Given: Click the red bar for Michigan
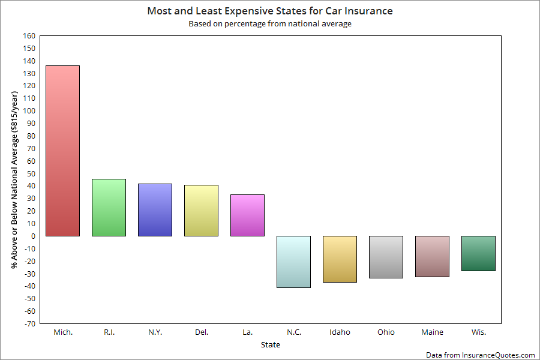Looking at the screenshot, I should point(62,151).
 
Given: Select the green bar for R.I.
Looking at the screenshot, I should point(109,208).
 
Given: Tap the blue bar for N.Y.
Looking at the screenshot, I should point(155,210).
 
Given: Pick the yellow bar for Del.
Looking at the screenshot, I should point(201,211).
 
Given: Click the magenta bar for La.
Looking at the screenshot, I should point(247,215).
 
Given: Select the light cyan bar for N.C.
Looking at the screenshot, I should point(293,262).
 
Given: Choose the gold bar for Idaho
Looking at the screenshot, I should point(340,259).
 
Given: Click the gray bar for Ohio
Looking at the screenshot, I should point(386,257).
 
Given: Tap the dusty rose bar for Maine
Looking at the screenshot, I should point(432,256).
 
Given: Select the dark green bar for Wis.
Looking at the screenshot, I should point(478,253).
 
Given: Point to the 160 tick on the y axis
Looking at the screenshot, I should point(29,35).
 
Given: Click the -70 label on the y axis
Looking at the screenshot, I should point(29,324).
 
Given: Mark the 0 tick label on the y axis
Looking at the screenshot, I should point(33,236).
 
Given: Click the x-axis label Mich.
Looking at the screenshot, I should point(62,332).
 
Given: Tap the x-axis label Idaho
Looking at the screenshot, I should point(340,332).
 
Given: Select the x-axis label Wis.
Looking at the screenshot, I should point(478,332).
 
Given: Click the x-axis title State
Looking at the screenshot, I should point(270,345).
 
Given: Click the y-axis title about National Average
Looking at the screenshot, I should point(14,180).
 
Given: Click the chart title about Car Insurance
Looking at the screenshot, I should point(270,11).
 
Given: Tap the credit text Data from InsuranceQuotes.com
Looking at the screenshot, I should point(480,355).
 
